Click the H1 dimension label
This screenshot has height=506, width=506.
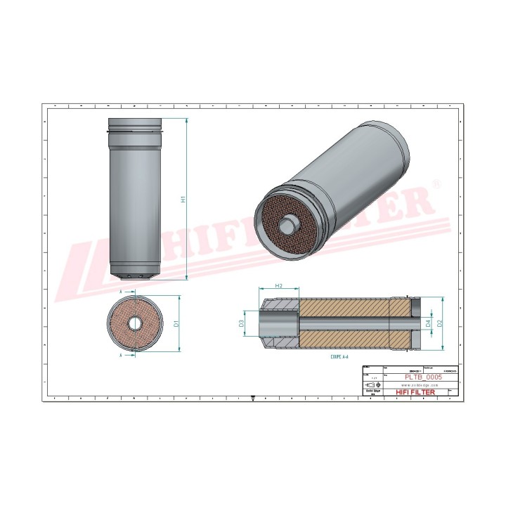(183, 200)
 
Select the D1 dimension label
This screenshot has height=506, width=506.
(178, 324)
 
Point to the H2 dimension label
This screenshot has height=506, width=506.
(279, 286)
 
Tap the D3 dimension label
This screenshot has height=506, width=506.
(241, 323)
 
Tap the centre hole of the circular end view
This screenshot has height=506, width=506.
(134, 324)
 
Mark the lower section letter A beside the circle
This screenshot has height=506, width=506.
(121, 356)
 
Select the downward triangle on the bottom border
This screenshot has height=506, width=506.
(253, 397)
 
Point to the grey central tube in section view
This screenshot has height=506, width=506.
(344, 323)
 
